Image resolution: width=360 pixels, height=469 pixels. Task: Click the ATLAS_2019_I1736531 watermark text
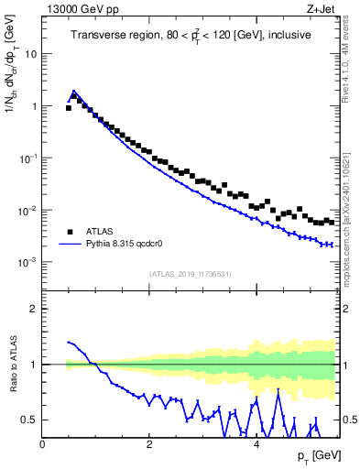(190, 274)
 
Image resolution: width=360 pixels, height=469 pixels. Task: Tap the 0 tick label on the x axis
(43, 443)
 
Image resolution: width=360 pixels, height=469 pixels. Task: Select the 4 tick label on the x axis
(256, 443)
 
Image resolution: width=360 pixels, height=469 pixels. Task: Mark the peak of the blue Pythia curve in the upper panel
(73, 91)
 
